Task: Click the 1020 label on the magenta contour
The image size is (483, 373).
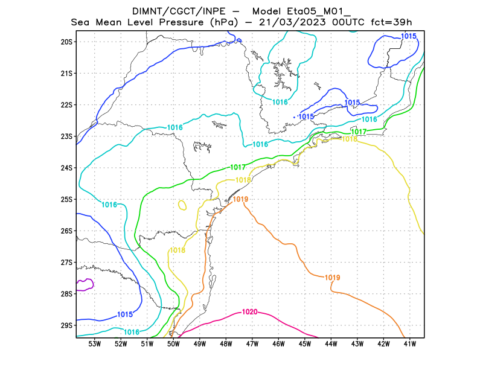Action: point(249,312)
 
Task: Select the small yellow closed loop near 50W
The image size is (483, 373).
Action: point(182,205)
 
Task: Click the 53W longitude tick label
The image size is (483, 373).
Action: point(94,344)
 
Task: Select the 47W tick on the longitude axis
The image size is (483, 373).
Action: point(252,344)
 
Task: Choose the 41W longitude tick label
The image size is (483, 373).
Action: point(410,344)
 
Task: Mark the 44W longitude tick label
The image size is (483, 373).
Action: point(331,344)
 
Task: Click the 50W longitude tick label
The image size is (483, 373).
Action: point(173,344)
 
